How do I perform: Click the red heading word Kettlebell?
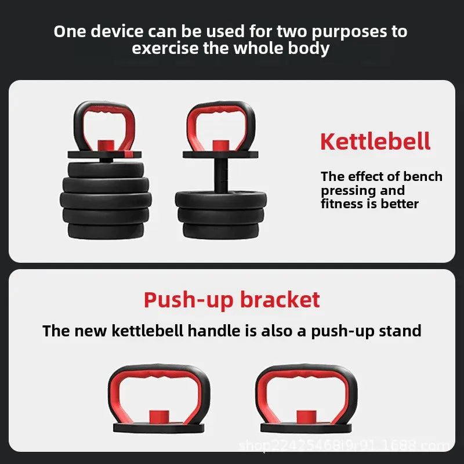click(x=375, y=142)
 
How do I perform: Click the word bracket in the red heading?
click(x=280, y=300)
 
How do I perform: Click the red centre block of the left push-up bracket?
click(x=158, y=417)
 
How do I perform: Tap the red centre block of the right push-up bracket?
click(x=306, y=417)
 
